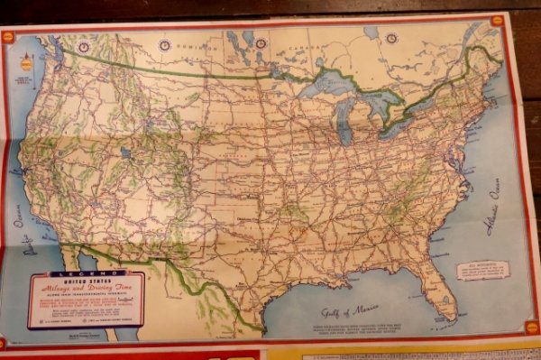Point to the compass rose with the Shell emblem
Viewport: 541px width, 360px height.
pos(24,65)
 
